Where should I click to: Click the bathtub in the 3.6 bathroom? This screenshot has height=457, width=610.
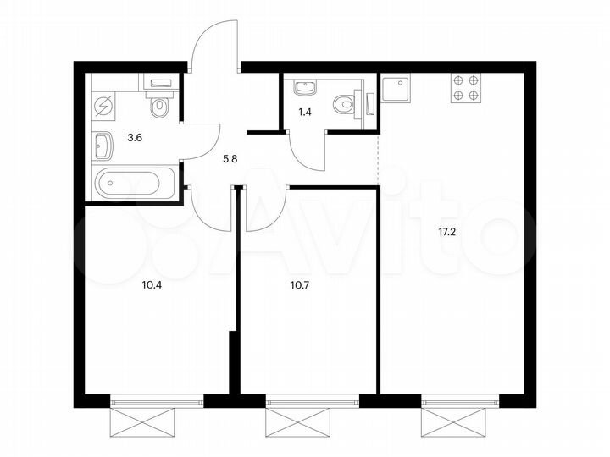tap(136, 181)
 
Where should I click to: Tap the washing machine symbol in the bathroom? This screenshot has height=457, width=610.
tap(104, 107)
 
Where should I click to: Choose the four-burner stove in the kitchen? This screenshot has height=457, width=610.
tap(463, 88)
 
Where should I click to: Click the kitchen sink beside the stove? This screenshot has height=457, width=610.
tap(395, 88)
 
